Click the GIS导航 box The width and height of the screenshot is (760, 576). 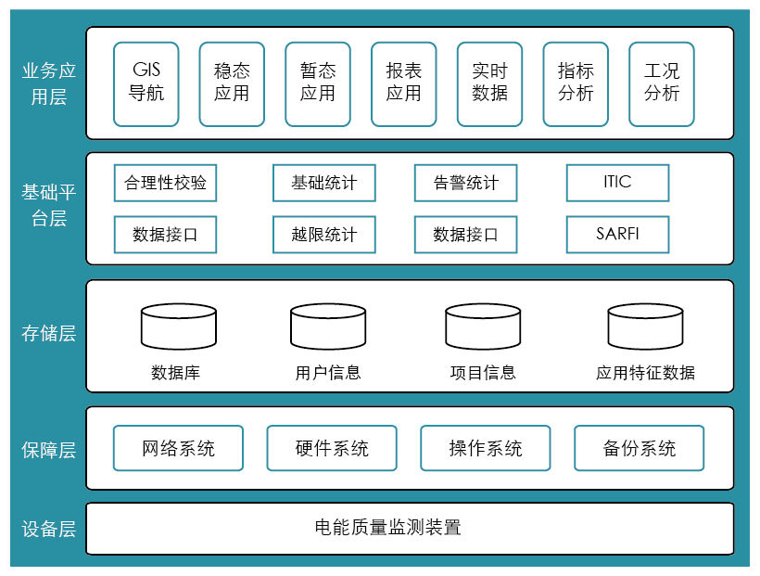146,83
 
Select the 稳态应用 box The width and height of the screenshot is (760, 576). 232,83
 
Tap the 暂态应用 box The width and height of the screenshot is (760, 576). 318,83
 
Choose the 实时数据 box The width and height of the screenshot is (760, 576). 489,83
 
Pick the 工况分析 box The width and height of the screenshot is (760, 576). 662,83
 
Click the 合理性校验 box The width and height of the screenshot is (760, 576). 166,183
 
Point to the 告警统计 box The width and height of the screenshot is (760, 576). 465,183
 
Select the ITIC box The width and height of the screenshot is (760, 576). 617,183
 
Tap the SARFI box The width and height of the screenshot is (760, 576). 617,234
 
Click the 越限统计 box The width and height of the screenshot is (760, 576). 324,234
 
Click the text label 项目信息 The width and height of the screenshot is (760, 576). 483,373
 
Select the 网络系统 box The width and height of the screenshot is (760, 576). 178,448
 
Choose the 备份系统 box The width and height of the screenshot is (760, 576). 640,448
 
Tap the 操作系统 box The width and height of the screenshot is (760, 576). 486,448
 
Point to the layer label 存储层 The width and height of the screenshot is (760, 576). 48,334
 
